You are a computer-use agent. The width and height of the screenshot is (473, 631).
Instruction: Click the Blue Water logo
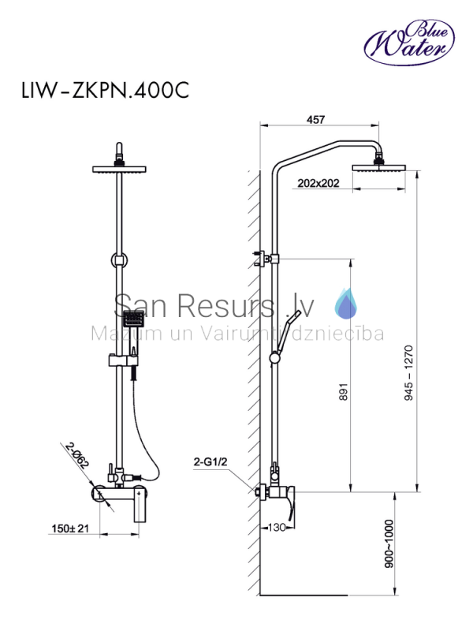409,43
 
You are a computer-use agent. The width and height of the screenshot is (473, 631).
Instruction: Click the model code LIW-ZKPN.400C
106,90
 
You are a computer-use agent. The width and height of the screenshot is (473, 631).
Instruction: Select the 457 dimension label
315,120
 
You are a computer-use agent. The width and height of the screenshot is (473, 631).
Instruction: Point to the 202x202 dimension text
318,183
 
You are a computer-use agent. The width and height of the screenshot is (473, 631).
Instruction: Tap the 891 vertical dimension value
343,391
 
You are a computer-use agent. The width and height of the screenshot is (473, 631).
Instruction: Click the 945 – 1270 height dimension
408,373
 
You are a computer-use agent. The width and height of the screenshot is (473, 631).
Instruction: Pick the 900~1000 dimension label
389,544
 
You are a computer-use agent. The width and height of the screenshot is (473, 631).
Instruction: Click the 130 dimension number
277,527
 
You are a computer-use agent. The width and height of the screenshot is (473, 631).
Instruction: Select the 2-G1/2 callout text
210,461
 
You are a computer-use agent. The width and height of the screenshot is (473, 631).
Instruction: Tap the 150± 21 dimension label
70,528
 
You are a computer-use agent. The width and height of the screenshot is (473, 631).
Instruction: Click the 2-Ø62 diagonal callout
76,456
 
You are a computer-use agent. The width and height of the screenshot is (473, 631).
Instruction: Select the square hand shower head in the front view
133,320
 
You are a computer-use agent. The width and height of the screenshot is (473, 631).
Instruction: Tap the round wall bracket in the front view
119,260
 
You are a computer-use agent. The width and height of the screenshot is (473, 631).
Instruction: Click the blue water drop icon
345,304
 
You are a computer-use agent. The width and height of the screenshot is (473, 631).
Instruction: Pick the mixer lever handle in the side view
289,510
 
